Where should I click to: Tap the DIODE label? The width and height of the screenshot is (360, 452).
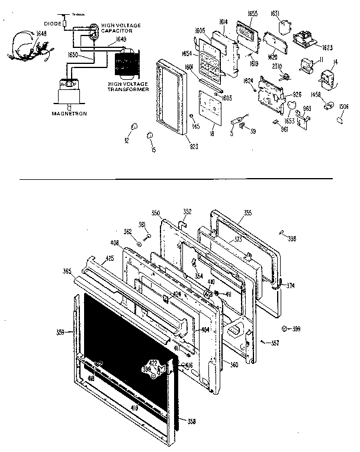53,24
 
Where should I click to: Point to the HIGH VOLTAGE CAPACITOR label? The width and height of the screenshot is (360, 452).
121,28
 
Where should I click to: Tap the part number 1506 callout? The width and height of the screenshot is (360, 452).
343,108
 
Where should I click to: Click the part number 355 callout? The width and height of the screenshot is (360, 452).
247,212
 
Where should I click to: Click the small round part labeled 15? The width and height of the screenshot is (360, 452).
150,136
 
